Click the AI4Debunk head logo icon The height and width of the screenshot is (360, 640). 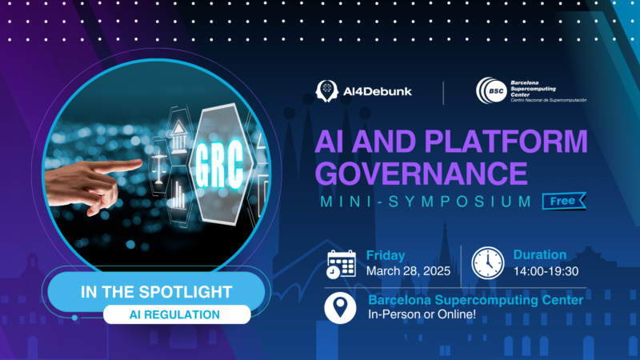326,91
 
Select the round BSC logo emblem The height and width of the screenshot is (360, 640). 489,91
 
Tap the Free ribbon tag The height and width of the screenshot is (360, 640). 562,202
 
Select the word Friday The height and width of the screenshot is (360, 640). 385,255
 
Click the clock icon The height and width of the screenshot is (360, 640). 486,262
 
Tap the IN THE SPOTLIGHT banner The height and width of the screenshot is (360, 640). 157,291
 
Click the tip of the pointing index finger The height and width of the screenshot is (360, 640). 140,165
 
